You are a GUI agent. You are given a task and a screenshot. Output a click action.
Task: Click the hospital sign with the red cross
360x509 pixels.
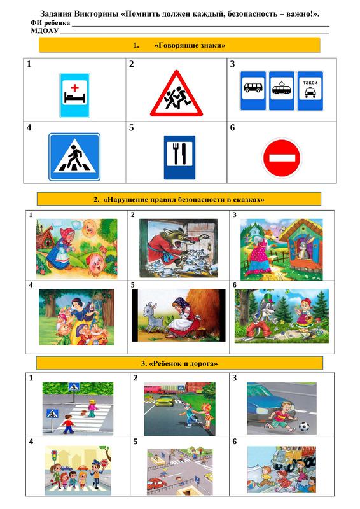click(x=74, y=95)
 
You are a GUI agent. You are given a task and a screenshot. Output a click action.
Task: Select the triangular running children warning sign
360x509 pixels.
click(x=176, y=94)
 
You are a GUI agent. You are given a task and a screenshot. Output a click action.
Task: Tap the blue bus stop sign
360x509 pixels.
click(x=253, y=91)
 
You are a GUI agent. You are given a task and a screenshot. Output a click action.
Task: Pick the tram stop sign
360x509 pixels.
click(x=281, y=91)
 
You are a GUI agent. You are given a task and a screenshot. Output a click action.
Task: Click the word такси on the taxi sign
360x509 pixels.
click(x=310, y=83)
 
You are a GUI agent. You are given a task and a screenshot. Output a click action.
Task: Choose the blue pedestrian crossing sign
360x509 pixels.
click(x=74, y=157)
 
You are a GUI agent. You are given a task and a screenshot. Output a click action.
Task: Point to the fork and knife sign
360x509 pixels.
click(x=179, y=157)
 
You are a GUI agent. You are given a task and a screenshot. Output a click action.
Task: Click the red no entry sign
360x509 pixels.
click(x=282, y=158)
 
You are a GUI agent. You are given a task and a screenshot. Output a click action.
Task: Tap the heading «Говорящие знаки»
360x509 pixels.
click(x=190, y=45)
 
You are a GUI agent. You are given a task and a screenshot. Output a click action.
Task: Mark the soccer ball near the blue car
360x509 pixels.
click(x=304, y=426)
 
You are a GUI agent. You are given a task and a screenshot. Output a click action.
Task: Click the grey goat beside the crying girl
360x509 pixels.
click(x=153, y=316)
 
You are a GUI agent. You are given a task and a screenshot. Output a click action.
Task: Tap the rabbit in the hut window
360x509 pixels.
click(x=303, y=249)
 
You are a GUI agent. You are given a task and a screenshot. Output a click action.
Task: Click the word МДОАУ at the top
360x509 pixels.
click(x=45, y=31)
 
